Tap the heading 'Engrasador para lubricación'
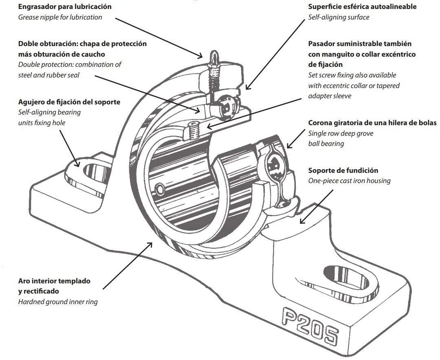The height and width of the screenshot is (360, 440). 65,7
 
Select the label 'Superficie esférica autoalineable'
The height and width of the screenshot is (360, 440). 362,7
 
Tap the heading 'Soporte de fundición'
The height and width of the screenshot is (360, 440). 343,170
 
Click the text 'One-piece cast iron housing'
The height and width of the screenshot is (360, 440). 350,181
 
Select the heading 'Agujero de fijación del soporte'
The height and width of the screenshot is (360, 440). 69,102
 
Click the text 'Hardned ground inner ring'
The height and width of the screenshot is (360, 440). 58,302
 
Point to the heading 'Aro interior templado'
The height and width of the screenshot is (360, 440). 54,281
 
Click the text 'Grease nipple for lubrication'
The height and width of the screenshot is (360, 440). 60,17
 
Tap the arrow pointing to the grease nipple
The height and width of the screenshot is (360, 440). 159,38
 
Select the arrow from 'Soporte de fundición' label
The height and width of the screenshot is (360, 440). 317,207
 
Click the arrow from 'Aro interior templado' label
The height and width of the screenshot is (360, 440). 128,266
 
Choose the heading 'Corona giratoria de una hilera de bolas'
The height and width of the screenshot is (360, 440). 372,123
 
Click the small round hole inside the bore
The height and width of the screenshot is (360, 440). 160,190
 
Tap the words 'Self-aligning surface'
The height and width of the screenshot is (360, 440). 339,17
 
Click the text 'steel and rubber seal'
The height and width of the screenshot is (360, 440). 48,75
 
